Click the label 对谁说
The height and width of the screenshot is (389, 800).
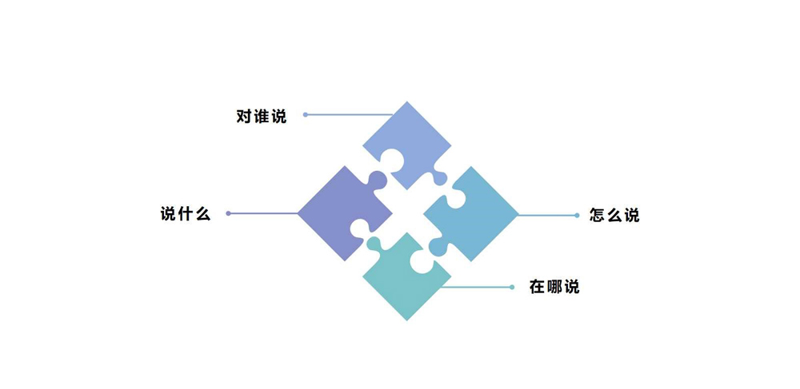pos(261,116)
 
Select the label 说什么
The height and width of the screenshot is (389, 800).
pos(185,214)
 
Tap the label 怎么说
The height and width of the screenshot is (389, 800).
pos(614,215)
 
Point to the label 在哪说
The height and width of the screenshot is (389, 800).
pos(554,287)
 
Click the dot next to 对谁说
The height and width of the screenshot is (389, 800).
pos(306,115)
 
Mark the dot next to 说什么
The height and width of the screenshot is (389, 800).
pos(229,213)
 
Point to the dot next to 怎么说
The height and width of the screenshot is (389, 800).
pos(577,215)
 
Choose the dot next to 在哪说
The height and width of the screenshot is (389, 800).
pos(512,287)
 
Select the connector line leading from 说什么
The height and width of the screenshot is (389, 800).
pos(264,213)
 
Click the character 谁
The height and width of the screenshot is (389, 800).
pos(261,116)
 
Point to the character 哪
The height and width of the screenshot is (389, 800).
pos(554,287)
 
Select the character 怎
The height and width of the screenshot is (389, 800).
pos(598,215)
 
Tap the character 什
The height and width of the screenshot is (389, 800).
pos(185,214)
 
